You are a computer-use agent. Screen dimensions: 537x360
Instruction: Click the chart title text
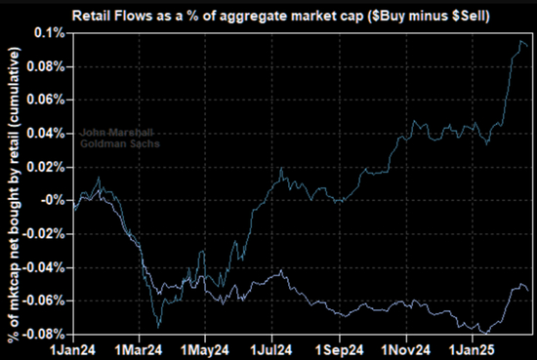coord(281,16)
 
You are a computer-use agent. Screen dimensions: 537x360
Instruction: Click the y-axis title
coord(14,194)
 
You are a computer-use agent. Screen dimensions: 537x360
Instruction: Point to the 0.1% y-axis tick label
coord(50,33)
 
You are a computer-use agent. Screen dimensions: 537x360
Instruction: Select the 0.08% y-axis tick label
coord(46,66)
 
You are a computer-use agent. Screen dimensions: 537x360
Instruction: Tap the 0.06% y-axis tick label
coord(46,100)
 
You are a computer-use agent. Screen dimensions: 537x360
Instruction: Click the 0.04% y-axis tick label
coord(46,134)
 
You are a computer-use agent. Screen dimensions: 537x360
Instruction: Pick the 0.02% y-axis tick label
coord(46,167)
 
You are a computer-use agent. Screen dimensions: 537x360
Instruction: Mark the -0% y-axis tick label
coord(53,200)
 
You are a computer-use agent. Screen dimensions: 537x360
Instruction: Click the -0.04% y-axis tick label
coord(43,267)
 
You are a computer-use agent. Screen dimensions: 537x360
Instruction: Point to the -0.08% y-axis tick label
coord(43,334)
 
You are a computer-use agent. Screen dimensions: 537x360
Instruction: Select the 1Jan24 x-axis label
coord(73,350)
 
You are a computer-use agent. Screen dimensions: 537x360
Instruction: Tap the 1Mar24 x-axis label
coord(139,350)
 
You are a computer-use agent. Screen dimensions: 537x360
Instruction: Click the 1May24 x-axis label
coord(204,350)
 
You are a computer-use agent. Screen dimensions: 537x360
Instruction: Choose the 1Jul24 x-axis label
coord(271,350)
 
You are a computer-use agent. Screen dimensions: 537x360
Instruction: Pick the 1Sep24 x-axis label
coord(339,350)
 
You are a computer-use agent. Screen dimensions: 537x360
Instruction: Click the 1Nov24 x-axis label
coord(406,350)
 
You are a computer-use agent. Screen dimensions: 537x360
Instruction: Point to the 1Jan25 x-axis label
coord(472,350)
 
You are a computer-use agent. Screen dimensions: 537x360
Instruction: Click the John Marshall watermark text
coord(117,133)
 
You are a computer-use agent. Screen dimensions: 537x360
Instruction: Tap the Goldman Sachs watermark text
coord(120,143)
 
